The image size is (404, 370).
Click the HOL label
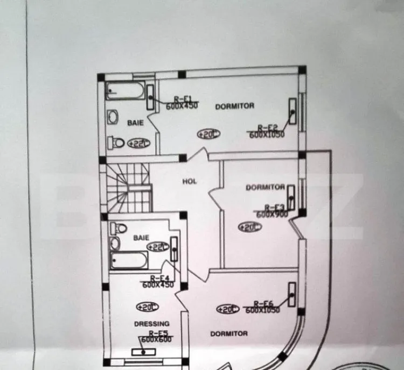189,181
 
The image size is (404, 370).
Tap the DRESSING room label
151,324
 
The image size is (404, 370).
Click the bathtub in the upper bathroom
126,90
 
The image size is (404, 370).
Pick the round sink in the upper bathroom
114,117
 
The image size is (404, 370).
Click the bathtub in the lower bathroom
131,261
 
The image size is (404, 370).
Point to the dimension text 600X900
273,214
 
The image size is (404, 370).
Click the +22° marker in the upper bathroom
139,144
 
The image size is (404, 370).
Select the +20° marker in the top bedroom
207,134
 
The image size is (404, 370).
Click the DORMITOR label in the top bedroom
234,106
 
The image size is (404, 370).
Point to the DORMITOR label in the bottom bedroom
229,333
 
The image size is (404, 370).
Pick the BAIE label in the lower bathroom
141,237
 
